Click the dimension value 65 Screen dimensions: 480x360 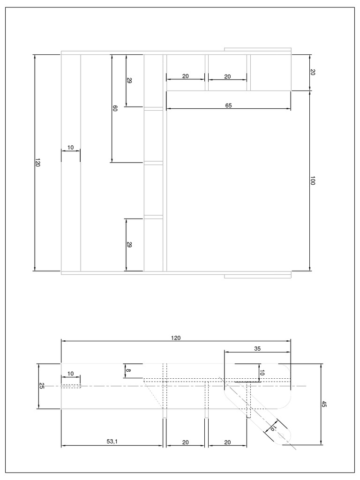tap(228, 106)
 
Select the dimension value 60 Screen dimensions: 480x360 tap(115, 108)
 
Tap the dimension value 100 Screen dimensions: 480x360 tap(313, 181)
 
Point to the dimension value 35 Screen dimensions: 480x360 tap(257, 348)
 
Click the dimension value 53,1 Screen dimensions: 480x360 tap(111, 442)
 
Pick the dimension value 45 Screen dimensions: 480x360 tap(324, 404)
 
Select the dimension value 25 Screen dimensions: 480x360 tap(41, 386)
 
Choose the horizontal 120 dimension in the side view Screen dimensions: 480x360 tap(176, 337)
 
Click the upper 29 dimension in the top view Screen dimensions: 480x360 tap(129, 81)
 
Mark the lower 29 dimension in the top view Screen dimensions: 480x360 tap(129, 244)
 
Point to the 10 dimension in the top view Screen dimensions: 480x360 tap(70, 147)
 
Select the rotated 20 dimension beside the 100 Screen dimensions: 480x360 tap(313, 72)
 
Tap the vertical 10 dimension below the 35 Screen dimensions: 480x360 tap(262, 373)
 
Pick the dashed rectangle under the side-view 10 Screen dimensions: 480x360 tap(71, 386)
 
